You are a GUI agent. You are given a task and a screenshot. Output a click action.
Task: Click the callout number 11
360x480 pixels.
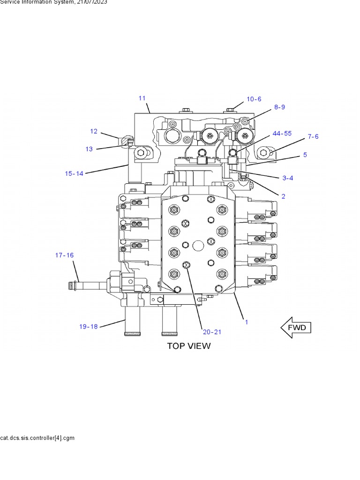pyautogui.click(x=142, y=98)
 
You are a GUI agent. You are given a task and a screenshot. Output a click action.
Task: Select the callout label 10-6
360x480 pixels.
pyautogui.click(x=254, y=99)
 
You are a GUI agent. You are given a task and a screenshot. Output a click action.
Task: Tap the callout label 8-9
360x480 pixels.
pyautogui.click(x=279, y=107)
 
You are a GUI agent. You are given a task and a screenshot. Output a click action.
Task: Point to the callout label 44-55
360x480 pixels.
pyautogui.click(x=282, y=134)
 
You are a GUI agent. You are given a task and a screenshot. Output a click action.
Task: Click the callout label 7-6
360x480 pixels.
pyautogui.click(x=313, y=136)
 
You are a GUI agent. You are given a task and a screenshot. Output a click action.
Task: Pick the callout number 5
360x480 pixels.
pyautogui.click(x=305, y=154)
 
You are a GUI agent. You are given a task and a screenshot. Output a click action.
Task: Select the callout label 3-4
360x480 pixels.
pyautogui.click(x=288, y=178)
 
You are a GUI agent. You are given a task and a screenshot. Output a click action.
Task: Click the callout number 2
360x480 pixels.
pyautogui.click(x=283, y=196)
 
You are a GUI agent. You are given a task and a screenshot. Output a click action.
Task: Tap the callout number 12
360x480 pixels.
pyautogui.click(x=94, y=131)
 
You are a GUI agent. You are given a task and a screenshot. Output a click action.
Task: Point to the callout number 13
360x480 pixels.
pyautogui.click(x=89, y=149)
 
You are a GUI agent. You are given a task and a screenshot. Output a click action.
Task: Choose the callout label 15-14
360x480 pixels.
pyautogui.click(x=74, y=173)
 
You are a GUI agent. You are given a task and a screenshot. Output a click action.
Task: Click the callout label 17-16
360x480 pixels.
pyautogui.click(x=64, y=255)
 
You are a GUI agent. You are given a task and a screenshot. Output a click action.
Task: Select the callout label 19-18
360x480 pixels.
pyautogui.click(x=88, y=326)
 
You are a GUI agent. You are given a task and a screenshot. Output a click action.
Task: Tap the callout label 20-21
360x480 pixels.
pyautogui.click(x=211, y=332)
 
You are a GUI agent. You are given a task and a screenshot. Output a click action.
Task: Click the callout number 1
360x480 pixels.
pyautogui.click(x=247, y=322)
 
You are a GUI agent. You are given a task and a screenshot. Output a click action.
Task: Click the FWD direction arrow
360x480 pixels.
pyautogui.click(x=296, y=327)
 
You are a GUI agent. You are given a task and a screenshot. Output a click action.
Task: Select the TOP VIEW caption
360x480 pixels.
pyautogui.click(x=189, y=346)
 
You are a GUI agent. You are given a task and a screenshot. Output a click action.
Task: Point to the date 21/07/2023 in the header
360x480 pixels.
pyautogui.click(x=92, y=2)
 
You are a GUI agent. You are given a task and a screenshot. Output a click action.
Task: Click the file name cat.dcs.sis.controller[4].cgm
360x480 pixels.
pyautogui.click(x=37, y=438)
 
